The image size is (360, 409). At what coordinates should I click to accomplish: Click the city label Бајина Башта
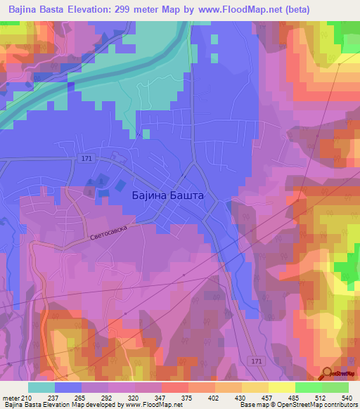pyautogui.click(x=168, y=197)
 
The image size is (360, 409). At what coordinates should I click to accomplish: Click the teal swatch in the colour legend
pyautogui.click(x=41, y=387)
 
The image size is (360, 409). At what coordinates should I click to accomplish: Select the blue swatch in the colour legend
pyautogui.click(x=68, y=387)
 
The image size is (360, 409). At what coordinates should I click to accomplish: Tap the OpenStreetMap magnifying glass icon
pyautogui.click(x=327, y=372)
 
